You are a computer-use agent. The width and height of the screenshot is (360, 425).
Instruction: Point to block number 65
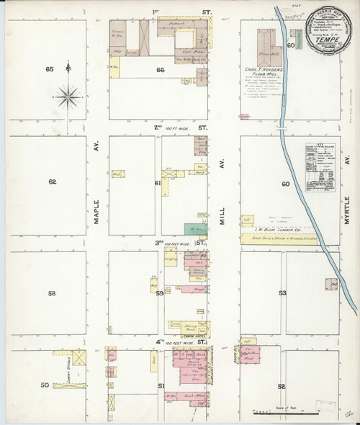[x=50, y=69]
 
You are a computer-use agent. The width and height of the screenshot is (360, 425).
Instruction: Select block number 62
[x=52, y=182]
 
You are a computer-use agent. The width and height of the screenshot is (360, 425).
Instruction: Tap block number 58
[x=52, y=294]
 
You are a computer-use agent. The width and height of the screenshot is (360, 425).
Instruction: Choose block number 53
[x=283, y=293]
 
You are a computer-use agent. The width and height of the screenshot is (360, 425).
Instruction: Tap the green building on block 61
[x=192, y=229]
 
